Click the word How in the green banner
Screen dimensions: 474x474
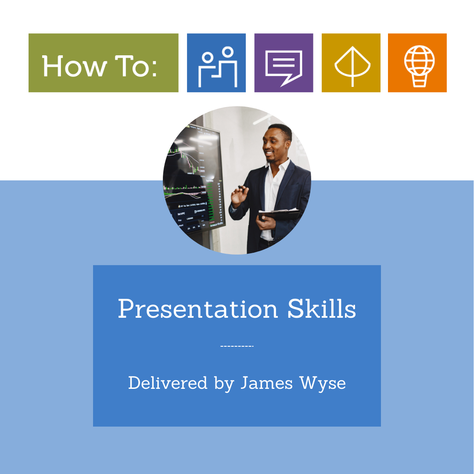[74, 66]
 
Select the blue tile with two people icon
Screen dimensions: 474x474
[216, 63]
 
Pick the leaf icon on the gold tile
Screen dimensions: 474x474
[352, 66]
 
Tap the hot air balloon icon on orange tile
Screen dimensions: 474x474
[419, 66]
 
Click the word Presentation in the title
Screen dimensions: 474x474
[197, 309]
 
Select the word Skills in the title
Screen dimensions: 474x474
[322, 309]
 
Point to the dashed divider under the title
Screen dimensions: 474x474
[237, 346]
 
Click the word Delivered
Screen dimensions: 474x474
[168, 383]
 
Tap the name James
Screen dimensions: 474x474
[267, 383]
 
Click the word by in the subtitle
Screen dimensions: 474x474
[224, 384]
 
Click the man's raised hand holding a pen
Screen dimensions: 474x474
[240, 196]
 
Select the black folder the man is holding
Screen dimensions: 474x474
[279, 215]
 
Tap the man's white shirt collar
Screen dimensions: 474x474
[278, 166]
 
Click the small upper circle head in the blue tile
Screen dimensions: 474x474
[228, 52]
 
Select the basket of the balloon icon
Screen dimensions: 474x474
[420, 81]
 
